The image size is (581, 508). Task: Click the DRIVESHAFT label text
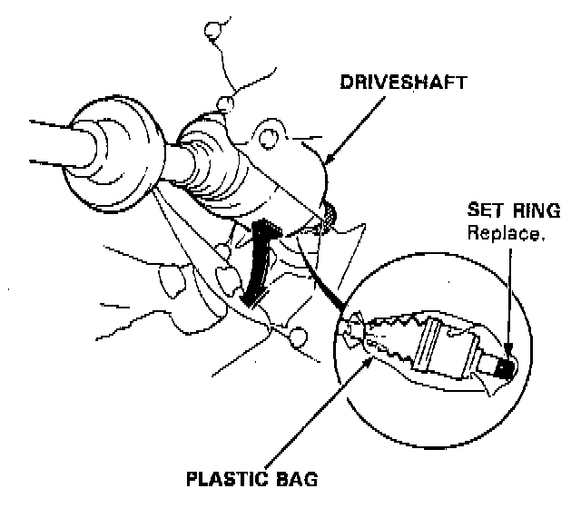(x=404, y=82)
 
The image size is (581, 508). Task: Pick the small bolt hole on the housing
(x=267, y=139)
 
